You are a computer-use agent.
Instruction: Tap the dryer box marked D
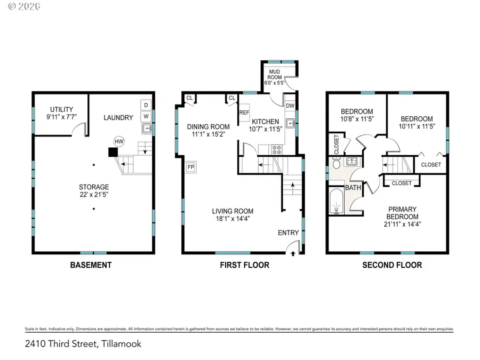(147, 105)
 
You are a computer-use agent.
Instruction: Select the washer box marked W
(147, 116)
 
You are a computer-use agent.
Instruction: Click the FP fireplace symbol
(191, 167)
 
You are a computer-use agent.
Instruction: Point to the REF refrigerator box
(244, 113)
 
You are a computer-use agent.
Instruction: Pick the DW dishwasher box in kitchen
(290, 106)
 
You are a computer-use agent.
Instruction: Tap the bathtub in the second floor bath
(337, 201)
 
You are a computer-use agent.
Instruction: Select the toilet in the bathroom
(337, 164)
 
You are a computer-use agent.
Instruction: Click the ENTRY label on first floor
(288, 233)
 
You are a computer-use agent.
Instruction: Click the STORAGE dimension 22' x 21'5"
(94, 195)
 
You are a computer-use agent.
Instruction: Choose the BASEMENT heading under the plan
(91, 265)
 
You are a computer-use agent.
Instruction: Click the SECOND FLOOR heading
(392, 265)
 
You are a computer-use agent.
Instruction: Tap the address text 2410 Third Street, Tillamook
(83, 344)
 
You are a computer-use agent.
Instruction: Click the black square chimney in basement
(113, 152)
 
